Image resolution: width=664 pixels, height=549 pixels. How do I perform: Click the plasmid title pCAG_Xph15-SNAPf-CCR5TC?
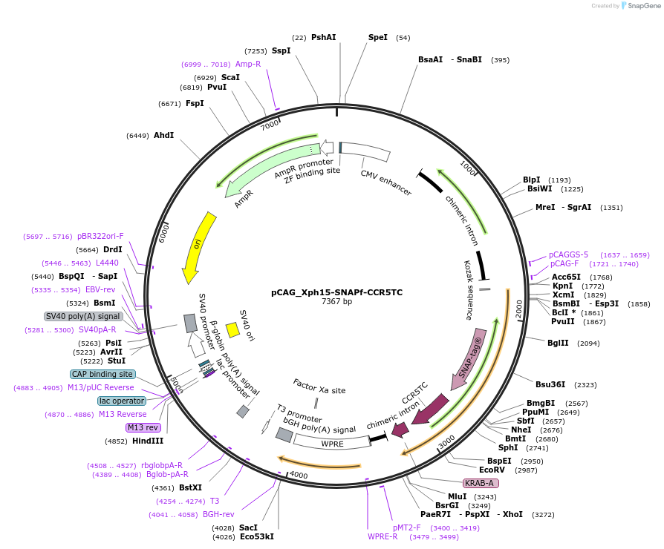(x=336, y=292)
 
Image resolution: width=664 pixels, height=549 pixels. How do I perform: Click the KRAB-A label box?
(x=480, y=483)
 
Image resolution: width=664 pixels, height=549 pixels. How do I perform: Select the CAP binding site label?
(x=102, y=375)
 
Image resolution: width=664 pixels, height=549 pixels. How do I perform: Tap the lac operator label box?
(x=121, y=401)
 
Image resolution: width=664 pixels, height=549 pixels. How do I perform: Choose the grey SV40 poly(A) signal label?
(x=83, y=316)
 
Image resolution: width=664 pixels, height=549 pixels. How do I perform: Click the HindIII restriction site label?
(x=148, y=441)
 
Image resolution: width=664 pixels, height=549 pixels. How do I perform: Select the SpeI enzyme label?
(x=378, y=37)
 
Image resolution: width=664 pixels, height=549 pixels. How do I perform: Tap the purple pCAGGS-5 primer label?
(x=568, y=254)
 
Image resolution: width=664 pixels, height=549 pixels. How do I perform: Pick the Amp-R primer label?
(x=248, y=64)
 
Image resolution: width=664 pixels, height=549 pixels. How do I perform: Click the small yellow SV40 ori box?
(x=232, y=330)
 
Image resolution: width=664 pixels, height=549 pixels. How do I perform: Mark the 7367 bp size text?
(x=336, y=302)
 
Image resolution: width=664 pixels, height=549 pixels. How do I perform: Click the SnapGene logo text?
(x=643, y=6)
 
